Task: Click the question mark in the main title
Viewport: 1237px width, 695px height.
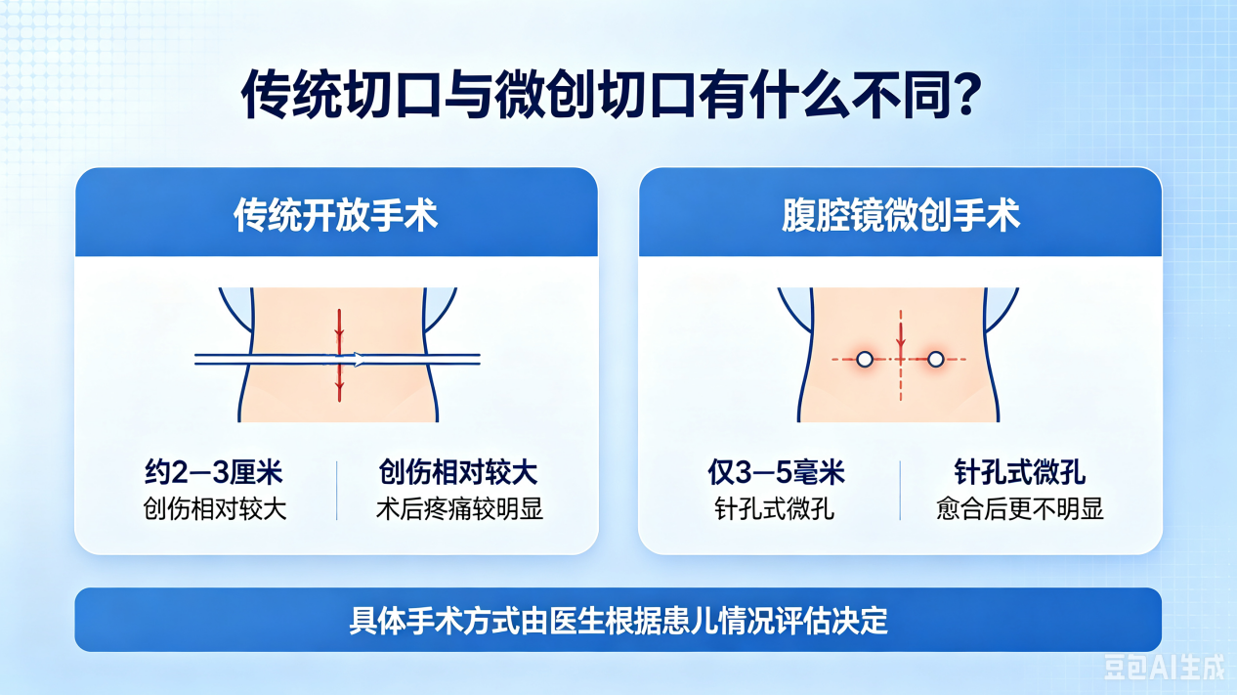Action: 963,94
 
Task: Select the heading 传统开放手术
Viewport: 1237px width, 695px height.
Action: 336,215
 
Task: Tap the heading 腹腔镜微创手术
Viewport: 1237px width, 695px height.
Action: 901,215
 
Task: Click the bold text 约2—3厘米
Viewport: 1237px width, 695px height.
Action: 214,472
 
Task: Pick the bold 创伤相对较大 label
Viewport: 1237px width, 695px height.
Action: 458,472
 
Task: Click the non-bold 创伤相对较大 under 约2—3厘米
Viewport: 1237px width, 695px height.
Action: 215,509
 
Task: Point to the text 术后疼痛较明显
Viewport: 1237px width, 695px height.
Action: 459,509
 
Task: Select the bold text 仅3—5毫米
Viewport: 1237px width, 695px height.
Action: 777,472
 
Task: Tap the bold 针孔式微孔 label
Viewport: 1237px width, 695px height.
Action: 1019,472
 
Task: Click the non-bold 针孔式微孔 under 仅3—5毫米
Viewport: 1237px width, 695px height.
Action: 774,509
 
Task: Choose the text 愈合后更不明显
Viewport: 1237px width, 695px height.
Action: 1020,509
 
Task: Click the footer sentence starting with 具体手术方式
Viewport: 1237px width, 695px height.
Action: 618,621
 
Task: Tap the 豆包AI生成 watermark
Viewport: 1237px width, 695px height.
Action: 1164,667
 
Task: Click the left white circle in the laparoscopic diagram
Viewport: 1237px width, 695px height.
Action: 865,360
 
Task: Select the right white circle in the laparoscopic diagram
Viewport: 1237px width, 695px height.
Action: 935,360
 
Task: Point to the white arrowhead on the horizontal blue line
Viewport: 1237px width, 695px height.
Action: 359,360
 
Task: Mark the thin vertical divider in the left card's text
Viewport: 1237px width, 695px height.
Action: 336,491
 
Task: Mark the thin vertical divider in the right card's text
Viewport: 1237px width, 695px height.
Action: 900,491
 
